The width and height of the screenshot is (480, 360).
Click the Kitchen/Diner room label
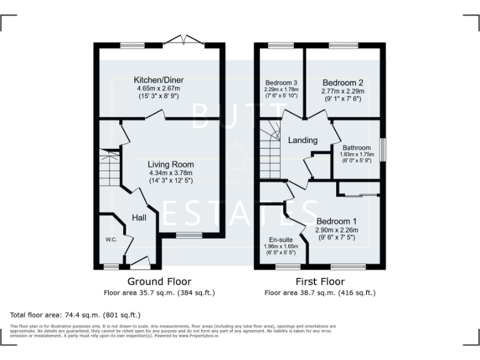coord(159,80)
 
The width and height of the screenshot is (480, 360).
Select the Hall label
coord(139,217)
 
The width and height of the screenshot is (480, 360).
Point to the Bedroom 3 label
coord(281,82)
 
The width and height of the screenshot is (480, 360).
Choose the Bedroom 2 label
coord(342,82)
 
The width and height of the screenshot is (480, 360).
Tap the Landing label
coord(302,141)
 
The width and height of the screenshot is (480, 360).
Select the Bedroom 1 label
coord(336,221)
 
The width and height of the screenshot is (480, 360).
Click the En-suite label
coord(281,239)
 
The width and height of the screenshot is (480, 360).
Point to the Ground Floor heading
coord(159,281)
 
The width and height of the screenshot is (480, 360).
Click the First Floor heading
coord(319,281)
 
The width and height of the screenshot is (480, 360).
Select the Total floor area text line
coord(76,314)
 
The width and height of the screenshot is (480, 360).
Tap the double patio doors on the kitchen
coord(186,41)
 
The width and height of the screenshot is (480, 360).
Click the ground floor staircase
coord(109,165)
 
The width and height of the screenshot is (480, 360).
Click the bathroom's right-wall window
coord(383,149)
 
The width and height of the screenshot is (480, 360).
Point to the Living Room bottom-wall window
coord(186,235)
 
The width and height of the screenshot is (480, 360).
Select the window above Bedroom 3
coord(281,46)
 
